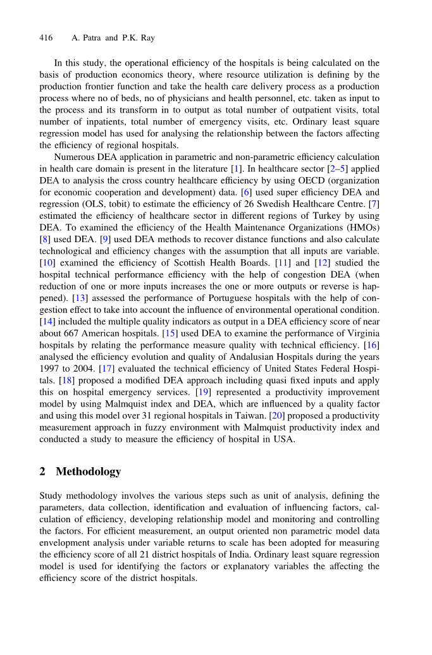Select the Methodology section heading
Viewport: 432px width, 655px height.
pos(88,472)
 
